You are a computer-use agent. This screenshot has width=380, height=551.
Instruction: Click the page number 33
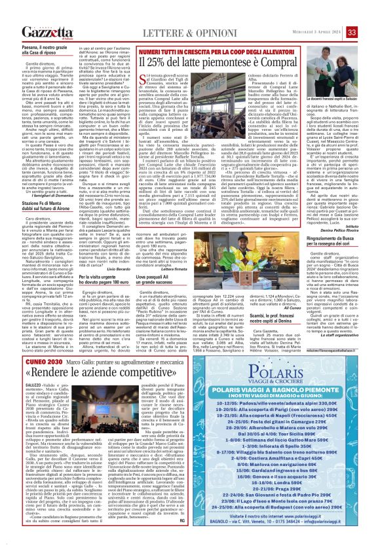pos(370,12)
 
